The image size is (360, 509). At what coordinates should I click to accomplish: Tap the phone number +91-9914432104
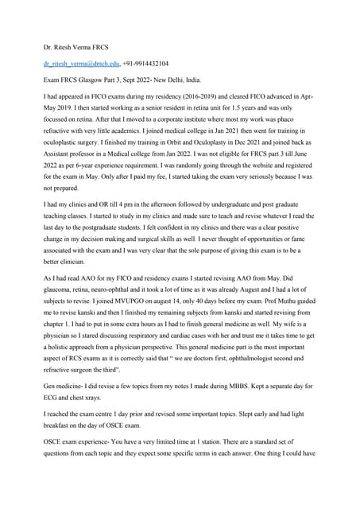pos(145,62)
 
